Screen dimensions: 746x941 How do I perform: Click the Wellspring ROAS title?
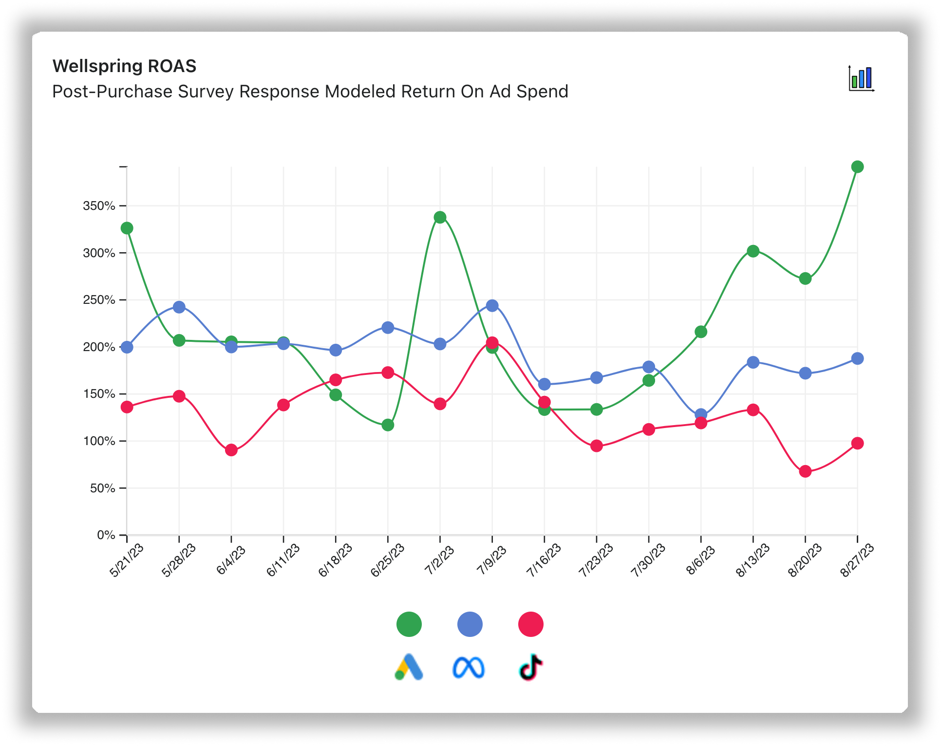[x=124, y=66]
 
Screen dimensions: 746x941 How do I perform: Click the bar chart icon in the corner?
[x=861, y=78]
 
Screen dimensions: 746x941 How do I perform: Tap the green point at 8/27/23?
[x=857, y=167]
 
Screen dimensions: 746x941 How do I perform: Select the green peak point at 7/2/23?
[x=440, y=217]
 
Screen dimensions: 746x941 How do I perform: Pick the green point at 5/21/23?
[x=127, y=228]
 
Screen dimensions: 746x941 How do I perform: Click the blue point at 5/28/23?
[x=179, y=307]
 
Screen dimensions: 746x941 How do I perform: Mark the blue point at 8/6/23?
[x=701, y=414]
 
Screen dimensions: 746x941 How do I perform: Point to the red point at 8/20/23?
[x=805, y=471]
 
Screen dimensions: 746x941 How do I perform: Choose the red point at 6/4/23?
[x=231, y=450]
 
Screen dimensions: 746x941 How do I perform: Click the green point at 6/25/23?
[x=388, y=425]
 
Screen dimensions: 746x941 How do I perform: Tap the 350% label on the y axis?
[x=99, y=206]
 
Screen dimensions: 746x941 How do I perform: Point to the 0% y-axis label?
[x=106, y=535]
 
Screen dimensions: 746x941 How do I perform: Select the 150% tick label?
[x=99, y=394]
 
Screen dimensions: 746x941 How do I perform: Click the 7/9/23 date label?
[x=492, y=560]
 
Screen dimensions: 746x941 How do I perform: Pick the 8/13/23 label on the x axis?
[x=753, y=560]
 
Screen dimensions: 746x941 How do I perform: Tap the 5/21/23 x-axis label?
[x=127, y=560]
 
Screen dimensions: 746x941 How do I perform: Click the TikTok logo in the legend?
[x=530, y=667]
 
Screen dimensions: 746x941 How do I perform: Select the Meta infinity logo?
[x=469, y=668]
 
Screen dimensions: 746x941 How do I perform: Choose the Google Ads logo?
[x=409, y=667]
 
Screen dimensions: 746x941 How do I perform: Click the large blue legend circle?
[x=470, y=624]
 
